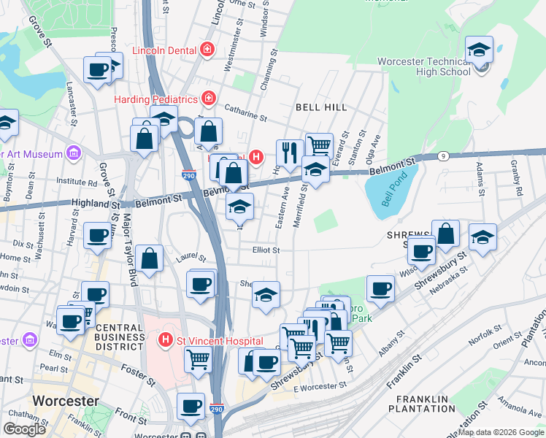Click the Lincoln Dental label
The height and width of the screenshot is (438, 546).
point(165,50)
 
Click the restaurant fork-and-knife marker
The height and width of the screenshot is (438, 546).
point(290,153)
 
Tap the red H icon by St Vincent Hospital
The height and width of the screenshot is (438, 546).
point(166,340)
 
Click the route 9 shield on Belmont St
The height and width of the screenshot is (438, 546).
point(442,156)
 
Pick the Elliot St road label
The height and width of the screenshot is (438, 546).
point(266,250)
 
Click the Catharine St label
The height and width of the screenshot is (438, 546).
point(246,114)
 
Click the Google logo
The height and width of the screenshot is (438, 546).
point(24,429)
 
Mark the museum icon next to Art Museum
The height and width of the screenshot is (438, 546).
point(73,153)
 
